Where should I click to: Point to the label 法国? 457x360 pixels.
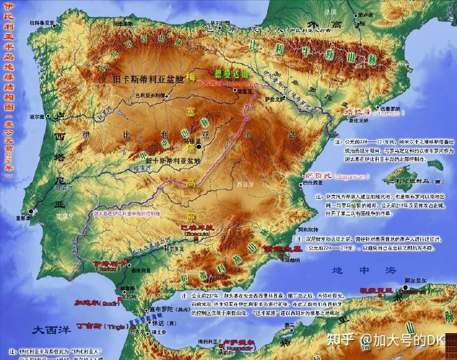(331, 12)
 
